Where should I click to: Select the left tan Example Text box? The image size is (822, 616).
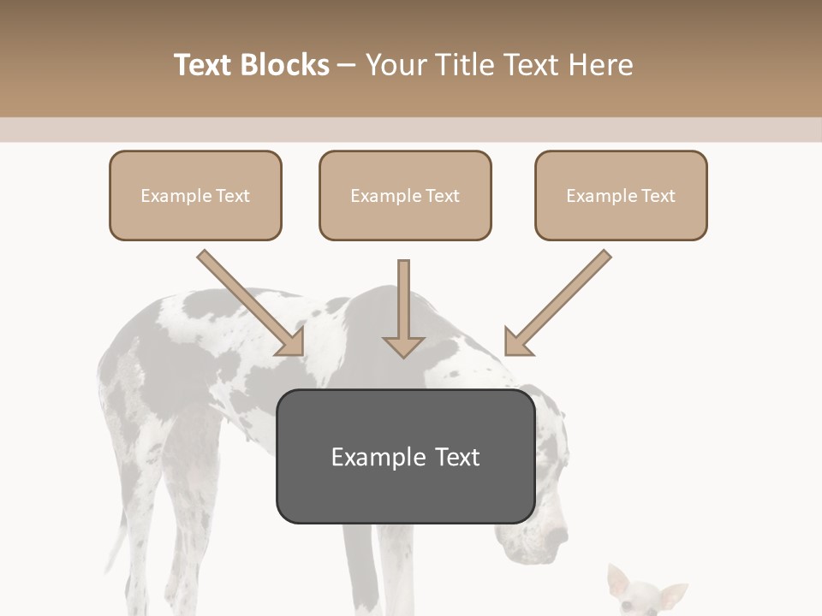tap(195, 195)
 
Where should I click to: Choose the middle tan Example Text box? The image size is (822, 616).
tap(405, 195)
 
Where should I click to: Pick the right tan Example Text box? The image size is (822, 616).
tap(621, 195)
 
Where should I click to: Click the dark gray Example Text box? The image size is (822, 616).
tap(405, 456)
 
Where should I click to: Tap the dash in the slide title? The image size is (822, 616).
tap(347, 65)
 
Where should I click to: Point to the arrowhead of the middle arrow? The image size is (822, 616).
tap(403, 346)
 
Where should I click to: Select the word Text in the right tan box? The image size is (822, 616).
tap(658, 196)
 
